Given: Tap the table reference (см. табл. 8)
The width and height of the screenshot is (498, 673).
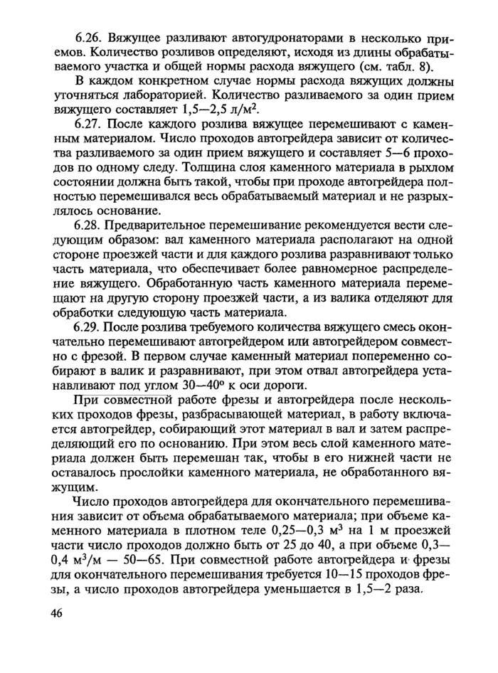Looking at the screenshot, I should (405, 69).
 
